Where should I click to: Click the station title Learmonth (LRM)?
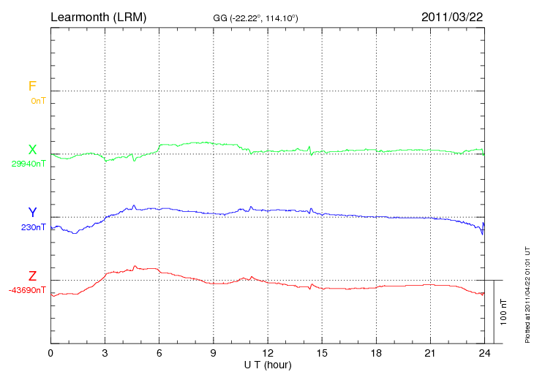tap(98, 16)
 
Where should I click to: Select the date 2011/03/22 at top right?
tap(451, 16)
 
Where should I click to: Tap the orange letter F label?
tap(32, 86)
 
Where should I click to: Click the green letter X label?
tap(32, 150)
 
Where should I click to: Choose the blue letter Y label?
tap(32, 213)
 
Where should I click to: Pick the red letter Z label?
tap(32, 276)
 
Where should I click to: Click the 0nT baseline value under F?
tap(38, 101)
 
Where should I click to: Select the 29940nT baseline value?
tap(29, 164)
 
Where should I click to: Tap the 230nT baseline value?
tap(34, 227)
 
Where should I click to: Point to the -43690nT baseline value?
tap(28, 290)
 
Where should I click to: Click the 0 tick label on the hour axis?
tap(50, 353)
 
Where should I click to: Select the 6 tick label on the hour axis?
tap(159, 353)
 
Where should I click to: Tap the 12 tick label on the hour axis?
tap(268, 353)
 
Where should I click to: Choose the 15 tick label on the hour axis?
tap(322, 353)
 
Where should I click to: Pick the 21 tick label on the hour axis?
tap(430, 353)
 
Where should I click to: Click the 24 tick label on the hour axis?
tap(484, 353)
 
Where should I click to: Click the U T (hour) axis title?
tap(268, 364)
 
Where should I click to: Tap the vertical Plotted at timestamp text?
tap(527, 293)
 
